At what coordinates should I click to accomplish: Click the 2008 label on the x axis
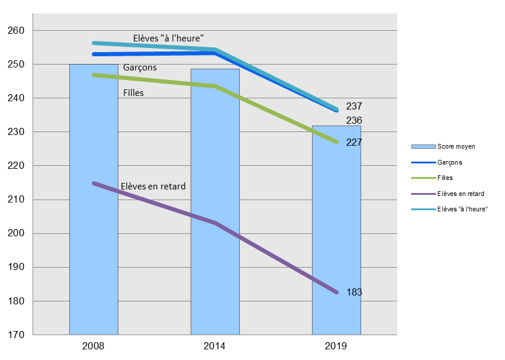pos(94,346)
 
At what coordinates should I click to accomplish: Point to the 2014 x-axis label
pos(215,346)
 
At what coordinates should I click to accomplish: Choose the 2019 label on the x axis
pos(336,346)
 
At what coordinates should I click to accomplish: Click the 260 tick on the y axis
pos(17,30)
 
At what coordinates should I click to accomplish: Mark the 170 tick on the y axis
pos(17,335)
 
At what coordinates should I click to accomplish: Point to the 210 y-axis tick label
pos(17,200)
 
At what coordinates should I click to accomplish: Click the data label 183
pos(354,292)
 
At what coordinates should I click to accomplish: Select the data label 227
pos(354,143)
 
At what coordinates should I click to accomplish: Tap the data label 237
pos(354,107)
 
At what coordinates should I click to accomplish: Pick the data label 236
pos(354,121)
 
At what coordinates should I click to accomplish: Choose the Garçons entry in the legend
pos(450,162)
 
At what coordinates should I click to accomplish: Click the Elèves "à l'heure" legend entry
pos(462,209)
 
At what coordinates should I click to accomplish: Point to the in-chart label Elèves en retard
pos(153,187)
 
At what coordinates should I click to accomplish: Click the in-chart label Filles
pos(133,93)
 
